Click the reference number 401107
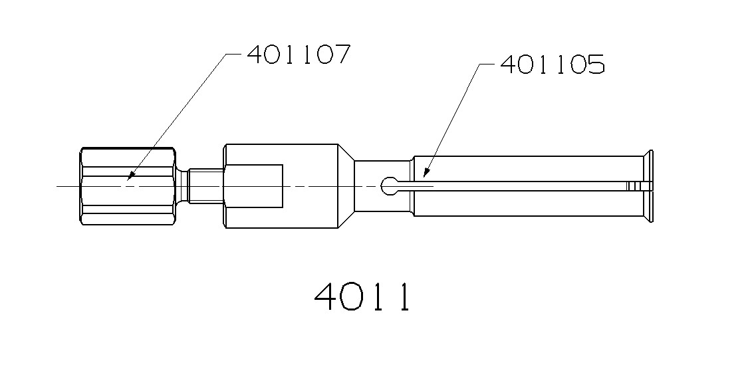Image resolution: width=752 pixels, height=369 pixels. coord(298,54)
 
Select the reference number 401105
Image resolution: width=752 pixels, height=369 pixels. coord(552,64)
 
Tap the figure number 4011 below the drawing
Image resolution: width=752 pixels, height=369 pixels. coord(362,297)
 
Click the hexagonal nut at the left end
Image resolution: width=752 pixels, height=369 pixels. coord(128,187)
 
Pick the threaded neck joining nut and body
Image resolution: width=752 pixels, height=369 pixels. coord(205,186)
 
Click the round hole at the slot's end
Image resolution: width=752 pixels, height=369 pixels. coord(389,187)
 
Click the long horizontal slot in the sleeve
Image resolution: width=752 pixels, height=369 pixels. coord(519,186)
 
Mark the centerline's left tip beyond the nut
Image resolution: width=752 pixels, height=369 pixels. coord(59,187)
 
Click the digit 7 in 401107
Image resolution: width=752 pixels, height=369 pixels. coord(338,54)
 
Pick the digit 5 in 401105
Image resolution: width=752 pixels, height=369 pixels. coord(594,64)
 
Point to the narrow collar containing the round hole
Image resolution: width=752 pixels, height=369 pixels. coord(384,187)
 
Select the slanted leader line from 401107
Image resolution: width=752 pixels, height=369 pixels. coord(176,116)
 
